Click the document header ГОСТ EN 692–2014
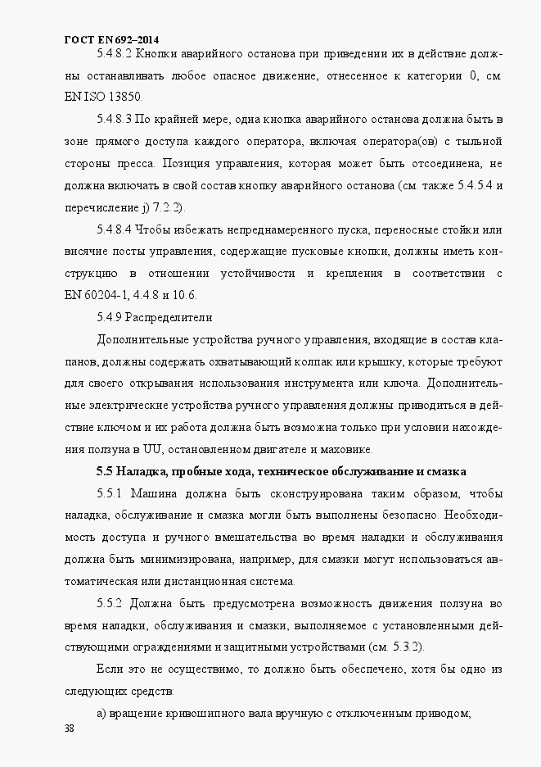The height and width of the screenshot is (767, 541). (111, 39)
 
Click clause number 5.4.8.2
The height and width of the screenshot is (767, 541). (114, 55)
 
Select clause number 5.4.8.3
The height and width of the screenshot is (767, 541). (114, 119)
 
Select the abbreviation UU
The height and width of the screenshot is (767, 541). (152, 449)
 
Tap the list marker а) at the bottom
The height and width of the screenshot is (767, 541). (101, 713)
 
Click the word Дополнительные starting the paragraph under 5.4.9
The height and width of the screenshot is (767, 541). (148, 338)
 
